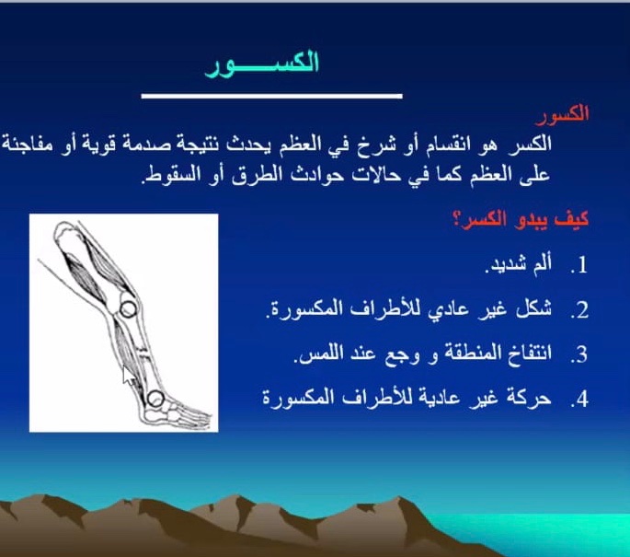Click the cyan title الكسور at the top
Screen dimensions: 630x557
coord(262,64)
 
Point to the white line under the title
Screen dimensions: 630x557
coord(271,96)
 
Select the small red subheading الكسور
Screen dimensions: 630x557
coord(562,114)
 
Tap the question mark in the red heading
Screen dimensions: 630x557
coord(457,220)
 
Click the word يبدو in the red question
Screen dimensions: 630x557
coord(528,220)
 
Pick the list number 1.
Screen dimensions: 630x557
coord(579,266)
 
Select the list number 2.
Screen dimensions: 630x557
coord(579,310)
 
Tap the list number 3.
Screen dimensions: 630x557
coord(579,354)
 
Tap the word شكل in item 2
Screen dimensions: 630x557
coord(535,308)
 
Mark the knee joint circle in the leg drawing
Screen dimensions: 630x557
coord(128,309)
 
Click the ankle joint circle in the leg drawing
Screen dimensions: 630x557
coord(155,399)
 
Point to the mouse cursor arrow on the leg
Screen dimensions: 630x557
coord(129,377)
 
